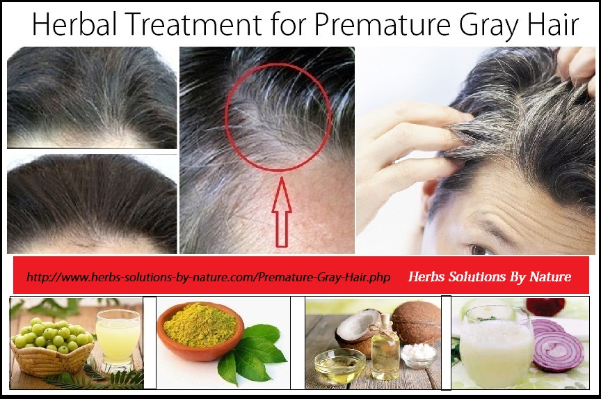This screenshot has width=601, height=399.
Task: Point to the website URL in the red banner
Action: (x=209, y=277)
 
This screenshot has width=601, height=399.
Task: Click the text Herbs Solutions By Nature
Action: (x=490, y=276)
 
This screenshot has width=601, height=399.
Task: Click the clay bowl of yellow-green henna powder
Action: (x=200, y=331)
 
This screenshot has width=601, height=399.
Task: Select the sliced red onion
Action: (x=558, y=345)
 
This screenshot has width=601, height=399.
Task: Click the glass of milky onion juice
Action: (x=495, y=347)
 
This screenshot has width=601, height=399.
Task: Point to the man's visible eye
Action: (x=481, y=250)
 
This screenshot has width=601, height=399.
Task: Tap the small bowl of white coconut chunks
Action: (x=419, y=355)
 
